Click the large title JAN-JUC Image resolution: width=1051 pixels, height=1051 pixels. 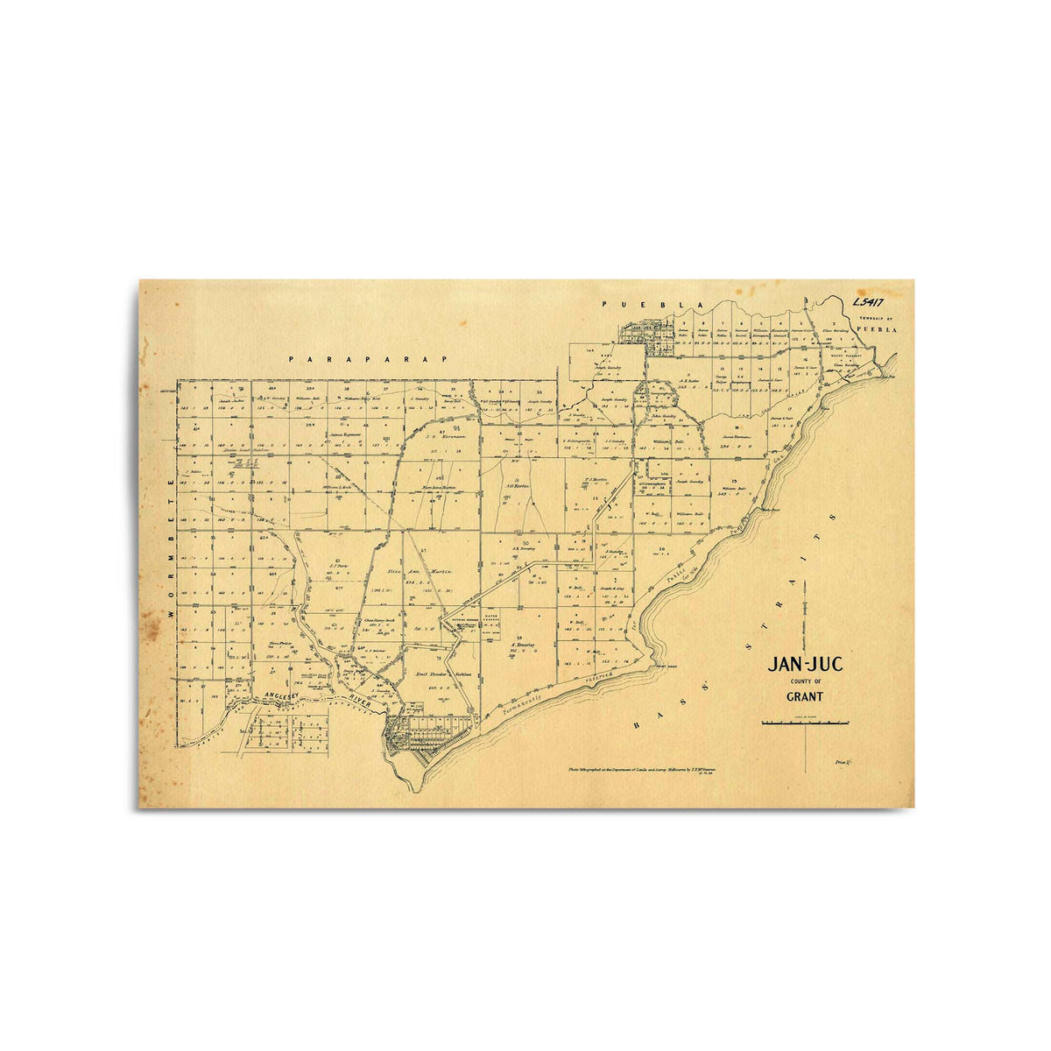click(x=805, y=665)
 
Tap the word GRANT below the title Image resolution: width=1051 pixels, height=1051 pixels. click(x=805, y=698)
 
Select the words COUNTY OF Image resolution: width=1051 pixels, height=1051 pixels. click(x=805, y=681)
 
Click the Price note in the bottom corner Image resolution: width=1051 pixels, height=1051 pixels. click(x=844, y=763)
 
